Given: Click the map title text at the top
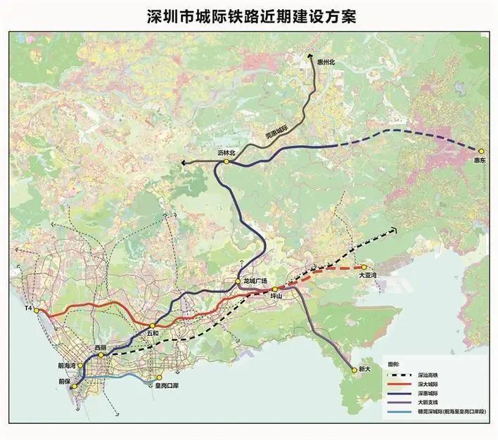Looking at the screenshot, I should [249, 16].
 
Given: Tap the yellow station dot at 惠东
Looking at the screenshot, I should [482, 151].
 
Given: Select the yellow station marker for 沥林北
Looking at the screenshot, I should [227, 162].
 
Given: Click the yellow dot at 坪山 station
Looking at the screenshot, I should [275, 289].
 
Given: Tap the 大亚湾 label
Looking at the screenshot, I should [368, 276].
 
